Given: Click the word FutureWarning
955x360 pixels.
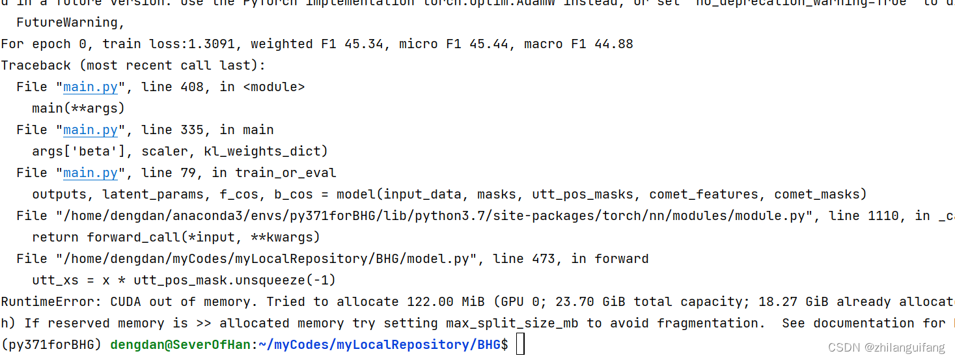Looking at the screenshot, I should coord(70,23).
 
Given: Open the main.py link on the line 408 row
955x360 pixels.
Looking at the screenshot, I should coord(90,87).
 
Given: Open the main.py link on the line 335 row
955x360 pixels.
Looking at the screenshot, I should coord(90,130).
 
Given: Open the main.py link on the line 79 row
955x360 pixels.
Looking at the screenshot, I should coord(90,173).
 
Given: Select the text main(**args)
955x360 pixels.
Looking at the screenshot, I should coord(78,109).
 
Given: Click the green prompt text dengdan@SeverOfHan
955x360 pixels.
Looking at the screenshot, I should coord(180,345).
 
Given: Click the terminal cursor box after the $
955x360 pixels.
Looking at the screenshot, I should coord(520,345).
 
